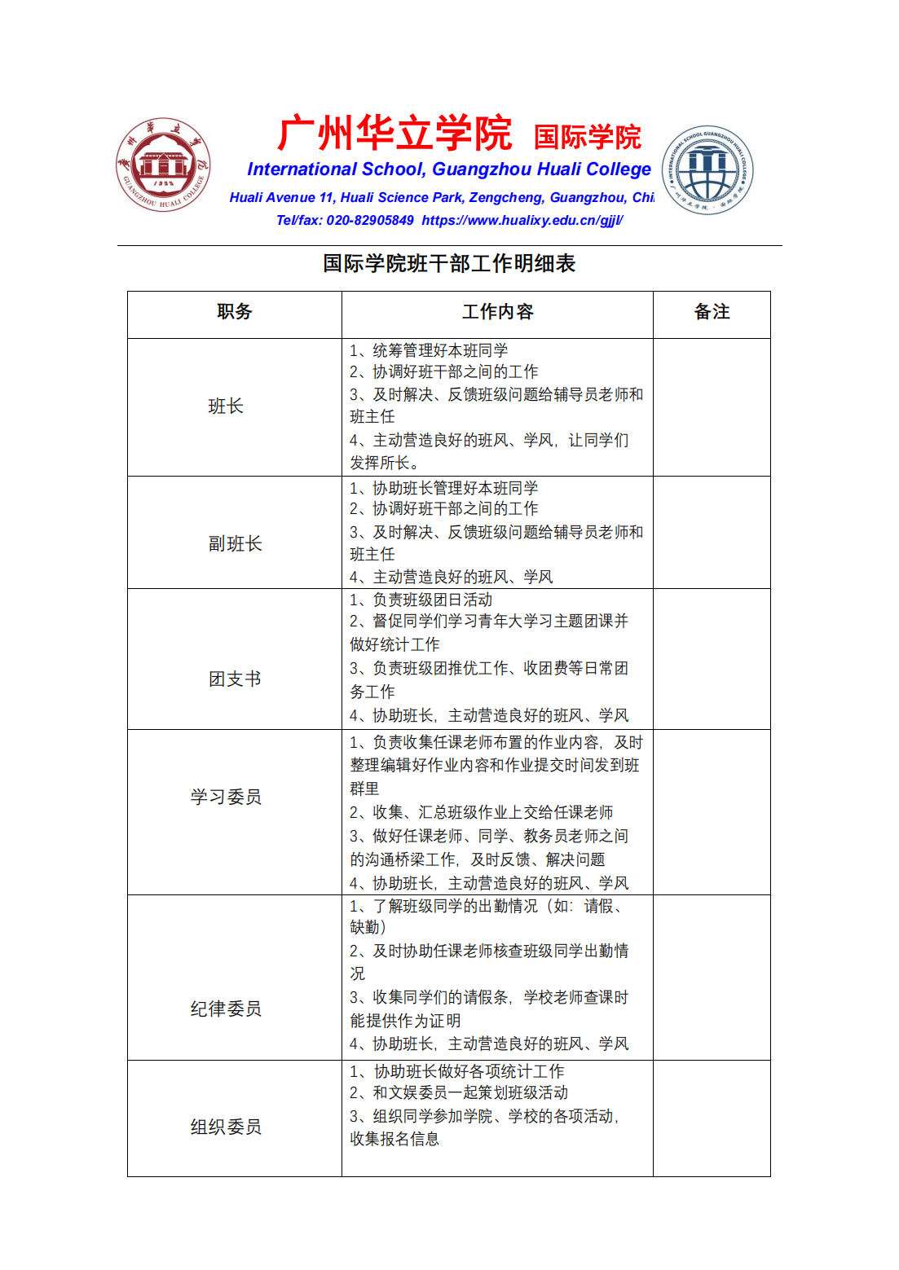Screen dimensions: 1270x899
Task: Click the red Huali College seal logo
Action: (x=163, y=165)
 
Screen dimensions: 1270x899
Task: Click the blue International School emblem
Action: (x=707, y=170)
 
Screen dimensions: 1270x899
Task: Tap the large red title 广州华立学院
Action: (x=394, y=134)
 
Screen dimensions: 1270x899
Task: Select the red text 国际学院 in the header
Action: (x=587, y=137)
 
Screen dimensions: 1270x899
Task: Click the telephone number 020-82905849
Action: (x=370, y=220)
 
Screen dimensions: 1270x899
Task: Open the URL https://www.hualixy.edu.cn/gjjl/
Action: (x=522, y=220)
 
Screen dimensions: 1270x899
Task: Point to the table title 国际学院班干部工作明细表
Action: (x=449, y=263)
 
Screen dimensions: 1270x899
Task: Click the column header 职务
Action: (x=235, y=312)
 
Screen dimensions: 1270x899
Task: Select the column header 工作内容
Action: (x=497, y=312)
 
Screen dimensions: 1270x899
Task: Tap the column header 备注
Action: (x=712, y=312)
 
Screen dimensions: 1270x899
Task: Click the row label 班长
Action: (x=226, y=406)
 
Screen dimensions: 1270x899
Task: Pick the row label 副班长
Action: (x=235, y=544)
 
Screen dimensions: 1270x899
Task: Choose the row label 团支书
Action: (x=235, y=679)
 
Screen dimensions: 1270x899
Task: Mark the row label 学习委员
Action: (x=226, y=797)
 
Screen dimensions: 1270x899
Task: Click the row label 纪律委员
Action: (x=226, y=1009)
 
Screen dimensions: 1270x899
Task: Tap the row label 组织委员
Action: (x=226, y=1127)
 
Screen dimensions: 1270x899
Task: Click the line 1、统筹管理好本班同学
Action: (x=429, y=350)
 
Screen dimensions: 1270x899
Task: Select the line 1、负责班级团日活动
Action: (x=421, y=600)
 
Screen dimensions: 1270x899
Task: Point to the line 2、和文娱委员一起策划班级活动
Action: (x=459, y=1092)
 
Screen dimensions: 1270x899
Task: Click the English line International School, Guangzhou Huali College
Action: (x=449, y=169)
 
